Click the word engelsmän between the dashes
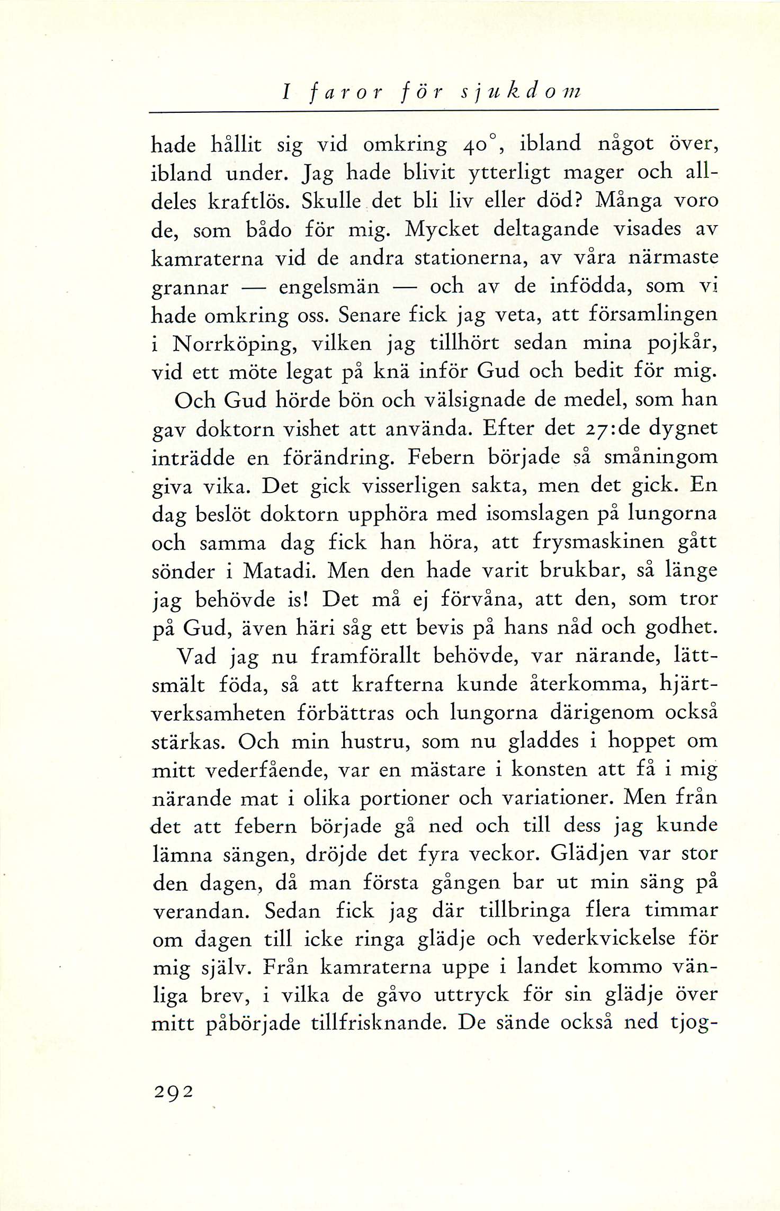tap(329, 287)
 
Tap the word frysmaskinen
tap(598, 542)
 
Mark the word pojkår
tap(683, 344)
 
